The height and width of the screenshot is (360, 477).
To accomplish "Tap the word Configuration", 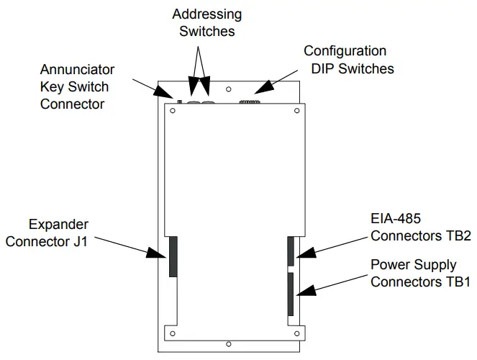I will pos(345,51).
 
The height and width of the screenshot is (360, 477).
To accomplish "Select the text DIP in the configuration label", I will pos(324,68).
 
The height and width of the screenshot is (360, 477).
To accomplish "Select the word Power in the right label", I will pos(389,264).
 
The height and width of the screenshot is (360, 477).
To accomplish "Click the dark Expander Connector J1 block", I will pos(173,256).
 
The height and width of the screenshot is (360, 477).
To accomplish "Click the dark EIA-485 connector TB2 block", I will pos(291,251).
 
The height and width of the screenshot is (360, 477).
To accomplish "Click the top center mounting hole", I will pos(228,91).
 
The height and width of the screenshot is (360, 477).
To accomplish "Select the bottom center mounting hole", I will pos(228,343).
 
